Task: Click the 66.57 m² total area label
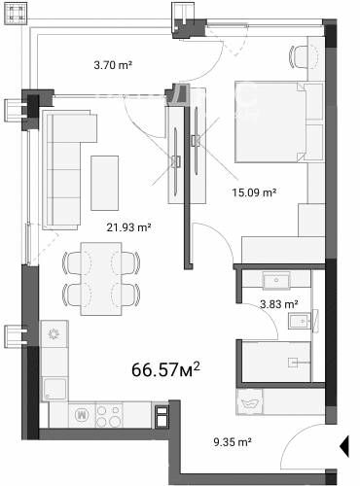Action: pos(165,369)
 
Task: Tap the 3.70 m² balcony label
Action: pos(113,65)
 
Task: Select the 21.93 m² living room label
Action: pos(128,227)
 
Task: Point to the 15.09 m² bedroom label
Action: pos(254,192)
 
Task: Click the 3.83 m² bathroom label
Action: pos(279,304)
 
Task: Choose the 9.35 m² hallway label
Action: pos(233,441)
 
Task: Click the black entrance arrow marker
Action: pos(344,446)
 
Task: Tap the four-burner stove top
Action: pos(109,416)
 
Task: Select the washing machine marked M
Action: pos(82,416)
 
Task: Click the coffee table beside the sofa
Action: pos(104,183)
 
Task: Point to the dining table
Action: pos(101,279)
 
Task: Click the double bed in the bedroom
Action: pos(270,121)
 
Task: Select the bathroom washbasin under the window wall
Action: pos(276,280)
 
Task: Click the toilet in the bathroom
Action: pos(302,322)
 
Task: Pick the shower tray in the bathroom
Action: pos(276,362)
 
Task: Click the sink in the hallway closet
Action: pos(250,401)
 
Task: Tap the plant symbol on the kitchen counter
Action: pos(54,333)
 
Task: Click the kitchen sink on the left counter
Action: pos(55,390)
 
